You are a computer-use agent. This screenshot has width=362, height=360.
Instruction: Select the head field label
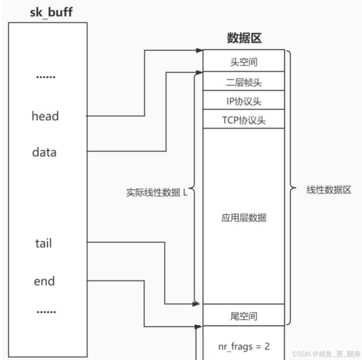(45, 116)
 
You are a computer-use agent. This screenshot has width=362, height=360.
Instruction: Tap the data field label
(44, 153)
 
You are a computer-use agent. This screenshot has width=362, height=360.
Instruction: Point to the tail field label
(44, 243)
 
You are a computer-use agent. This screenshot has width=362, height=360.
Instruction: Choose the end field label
(44, 281)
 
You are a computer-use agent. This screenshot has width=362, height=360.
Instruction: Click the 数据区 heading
(244, 38)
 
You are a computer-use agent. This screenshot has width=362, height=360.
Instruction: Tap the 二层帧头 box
(244, 82)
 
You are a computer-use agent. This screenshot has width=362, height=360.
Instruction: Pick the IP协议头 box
(244, 101)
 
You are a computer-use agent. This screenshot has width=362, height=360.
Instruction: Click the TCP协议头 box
(244, 120)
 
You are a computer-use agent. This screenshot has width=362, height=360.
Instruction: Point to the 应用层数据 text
(244, 217)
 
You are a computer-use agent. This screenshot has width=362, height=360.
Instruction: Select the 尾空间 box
(244, 316)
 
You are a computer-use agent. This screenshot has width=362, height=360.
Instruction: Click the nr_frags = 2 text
(244, 346)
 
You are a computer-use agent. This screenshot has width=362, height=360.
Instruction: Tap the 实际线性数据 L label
(157, 192)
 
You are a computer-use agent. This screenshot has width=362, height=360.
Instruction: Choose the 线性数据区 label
(329, 190)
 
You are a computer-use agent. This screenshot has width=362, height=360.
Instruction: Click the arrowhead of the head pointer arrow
(200, 51)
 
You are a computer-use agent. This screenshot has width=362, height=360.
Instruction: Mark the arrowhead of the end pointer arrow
(200, 327)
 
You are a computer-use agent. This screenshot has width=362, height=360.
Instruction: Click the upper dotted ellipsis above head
(46, 77)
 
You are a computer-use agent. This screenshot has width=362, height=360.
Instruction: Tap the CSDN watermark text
(325, 353)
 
